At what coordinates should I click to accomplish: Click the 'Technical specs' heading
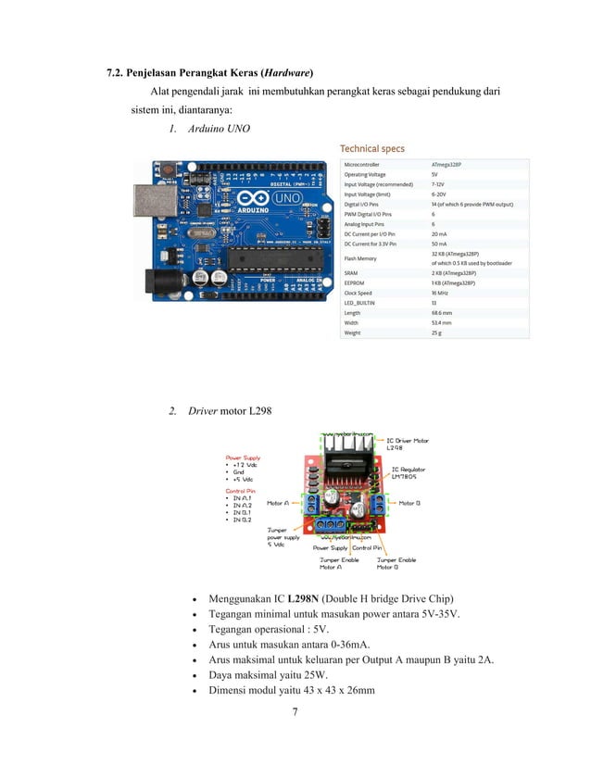click(371, 148)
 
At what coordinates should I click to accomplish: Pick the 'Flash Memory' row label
click(361, 258)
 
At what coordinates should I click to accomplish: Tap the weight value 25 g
click(436, 332)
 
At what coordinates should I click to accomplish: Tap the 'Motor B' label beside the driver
click(409, 504)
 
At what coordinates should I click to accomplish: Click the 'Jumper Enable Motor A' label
click(340, 563)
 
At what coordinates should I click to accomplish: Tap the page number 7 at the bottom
click(294, 712)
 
